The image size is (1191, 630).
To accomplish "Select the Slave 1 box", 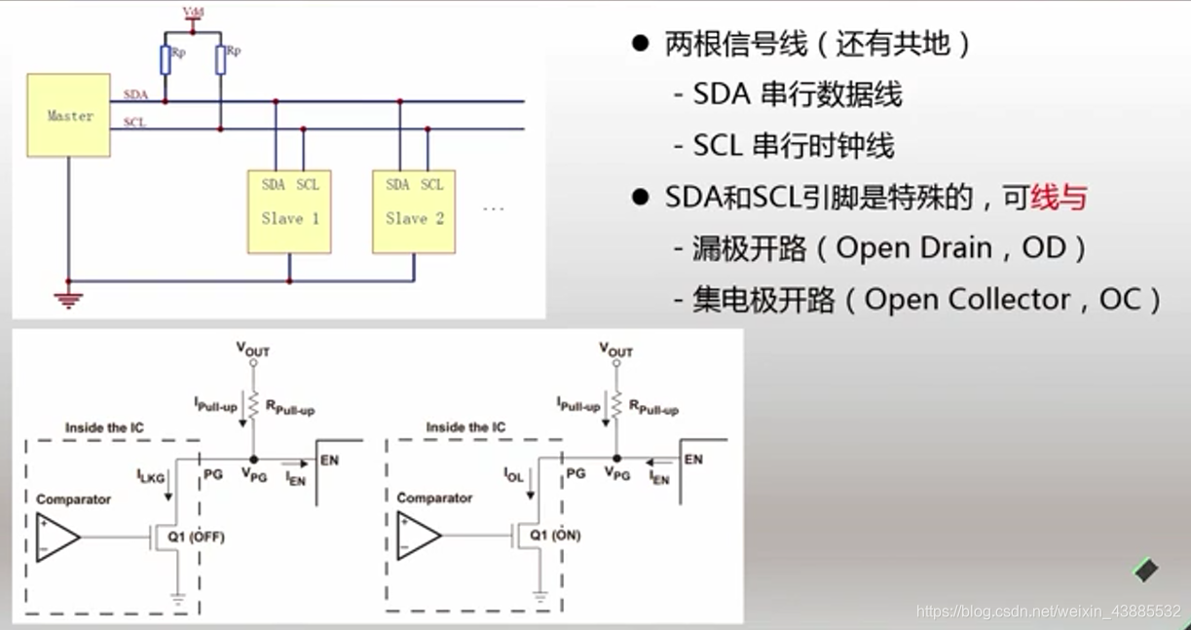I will [x=289, y=211].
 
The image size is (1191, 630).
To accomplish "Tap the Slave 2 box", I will [x=414, y=211].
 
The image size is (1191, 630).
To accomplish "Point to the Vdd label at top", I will [x=193, y=12].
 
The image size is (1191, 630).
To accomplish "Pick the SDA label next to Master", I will [x=135, y=94].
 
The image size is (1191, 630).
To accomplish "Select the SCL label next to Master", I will [x=135, y=123].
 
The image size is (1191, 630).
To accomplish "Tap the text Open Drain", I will [x=900, y=248].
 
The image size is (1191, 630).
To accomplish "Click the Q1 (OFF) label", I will [x=194, y=536].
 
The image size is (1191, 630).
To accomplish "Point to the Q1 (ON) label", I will [x=553, y=535].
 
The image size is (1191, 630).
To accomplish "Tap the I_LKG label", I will [x=152, y=475].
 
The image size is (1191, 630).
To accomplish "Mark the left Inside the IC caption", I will [x=105, y=427].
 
